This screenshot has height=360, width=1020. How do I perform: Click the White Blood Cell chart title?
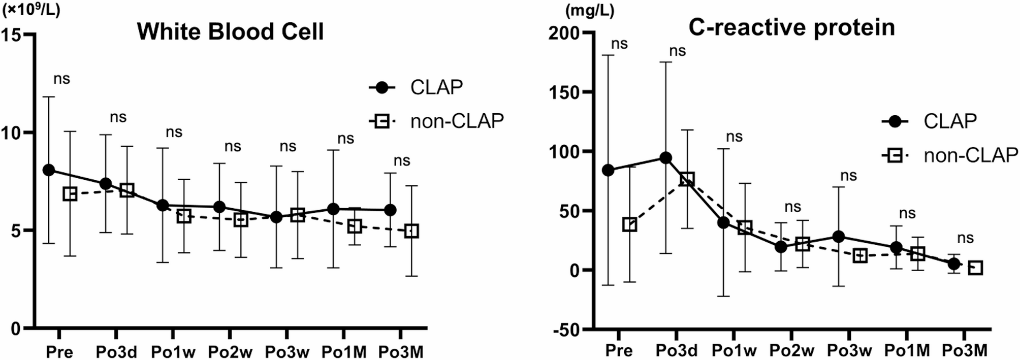[230, 31]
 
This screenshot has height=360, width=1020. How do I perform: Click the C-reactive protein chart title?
[791, 27]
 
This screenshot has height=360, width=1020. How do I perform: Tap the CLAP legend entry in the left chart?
[436, 87]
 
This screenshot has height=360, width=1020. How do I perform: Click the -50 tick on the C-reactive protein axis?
[565, 330]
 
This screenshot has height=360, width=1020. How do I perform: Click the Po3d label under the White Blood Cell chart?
[116, 351]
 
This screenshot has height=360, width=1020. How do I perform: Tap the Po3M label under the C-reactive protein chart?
[965, 350]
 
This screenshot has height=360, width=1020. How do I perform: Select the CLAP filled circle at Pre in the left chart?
[49, 170]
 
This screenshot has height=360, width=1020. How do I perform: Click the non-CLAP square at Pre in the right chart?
[629, 224]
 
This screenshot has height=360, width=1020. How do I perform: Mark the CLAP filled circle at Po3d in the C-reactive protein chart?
[665, 158]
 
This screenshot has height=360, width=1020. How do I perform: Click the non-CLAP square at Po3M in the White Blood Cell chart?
[412, 231]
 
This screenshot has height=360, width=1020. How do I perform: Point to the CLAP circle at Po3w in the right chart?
[839, 237]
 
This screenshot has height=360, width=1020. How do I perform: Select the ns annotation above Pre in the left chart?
[61, 79]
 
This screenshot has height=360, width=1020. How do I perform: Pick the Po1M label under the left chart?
[344, 351]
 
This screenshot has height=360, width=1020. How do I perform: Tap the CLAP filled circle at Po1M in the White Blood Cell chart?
[333, 209]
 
